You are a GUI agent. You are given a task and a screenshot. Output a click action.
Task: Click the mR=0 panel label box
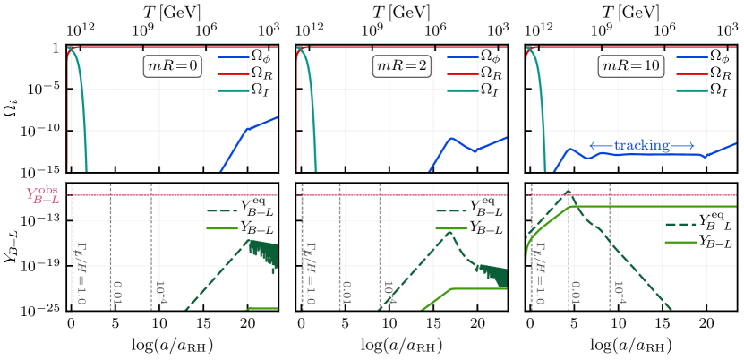(x=173, y=66)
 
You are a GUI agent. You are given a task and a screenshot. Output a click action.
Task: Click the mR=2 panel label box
(x=402, y=66)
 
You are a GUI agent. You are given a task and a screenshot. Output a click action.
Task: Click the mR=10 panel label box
(x=630, y=66)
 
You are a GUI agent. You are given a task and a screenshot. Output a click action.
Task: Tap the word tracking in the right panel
(x=642, y=145)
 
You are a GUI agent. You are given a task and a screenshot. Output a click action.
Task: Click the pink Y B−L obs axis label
(x=43, y=195)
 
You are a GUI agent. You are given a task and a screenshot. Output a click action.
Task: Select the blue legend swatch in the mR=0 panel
(x=234, y=57)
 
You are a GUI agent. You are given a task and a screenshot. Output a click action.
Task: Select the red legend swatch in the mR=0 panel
(x=234, y=74)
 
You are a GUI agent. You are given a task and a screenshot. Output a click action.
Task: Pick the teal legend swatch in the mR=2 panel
(x=463, y=90)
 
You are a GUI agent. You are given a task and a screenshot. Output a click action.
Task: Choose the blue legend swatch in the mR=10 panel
(x=692, y=57)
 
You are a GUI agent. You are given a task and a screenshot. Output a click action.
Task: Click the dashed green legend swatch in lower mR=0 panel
(x=222, y=212)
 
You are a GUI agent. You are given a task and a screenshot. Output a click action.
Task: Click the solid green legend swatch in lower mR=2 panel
(x=451, y=228)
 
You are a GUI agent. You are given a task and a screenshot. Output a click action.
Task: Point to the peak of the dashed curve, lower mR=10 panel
(x=567, y=191)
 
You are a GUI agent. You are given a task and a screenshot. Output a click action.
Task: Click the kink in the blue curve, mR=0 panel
(x=246, y=131)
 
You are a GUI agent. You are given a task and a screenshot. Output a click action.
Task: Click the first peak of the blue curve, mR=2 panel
(x=452, y=138)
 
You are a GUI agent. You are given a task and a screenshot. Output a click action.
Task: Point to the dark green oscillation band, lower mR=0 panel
(x=263, y=252)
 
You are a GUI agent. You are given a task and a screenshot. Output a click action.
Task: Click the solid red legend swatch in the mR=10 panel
(x=692, y=74)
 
